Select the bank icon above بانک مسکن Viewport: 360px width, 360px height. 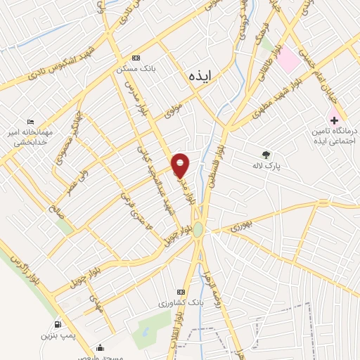[136, 58]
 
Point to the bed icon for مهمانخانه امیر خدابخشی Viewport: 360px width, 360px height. [29, 122]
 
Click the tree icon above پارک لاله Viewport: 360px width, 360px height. [266, 155]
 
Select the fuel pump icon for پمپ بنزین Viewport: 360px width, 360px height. [57, 325]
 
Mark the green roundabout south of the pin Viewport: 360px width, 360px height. [198, 229]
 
